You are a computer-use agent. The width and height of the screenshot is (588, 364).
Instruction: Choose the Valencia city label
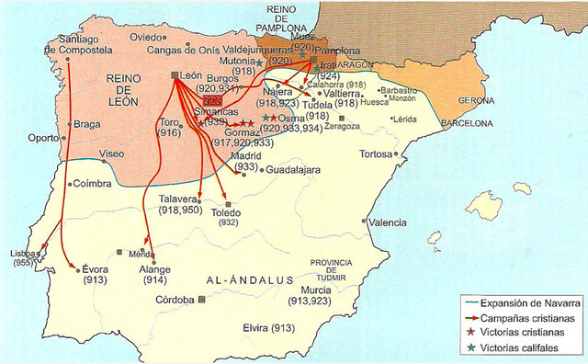[388, 222]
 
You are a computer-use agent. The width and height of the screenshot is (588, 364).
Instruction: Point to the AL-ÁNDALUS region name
[249, 279]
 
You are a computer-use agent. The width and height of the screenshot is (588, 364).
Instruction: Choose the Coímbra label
[93, 183]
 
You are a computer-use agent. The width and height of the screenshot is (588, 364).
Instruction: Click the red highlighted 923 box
[212, 101]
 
